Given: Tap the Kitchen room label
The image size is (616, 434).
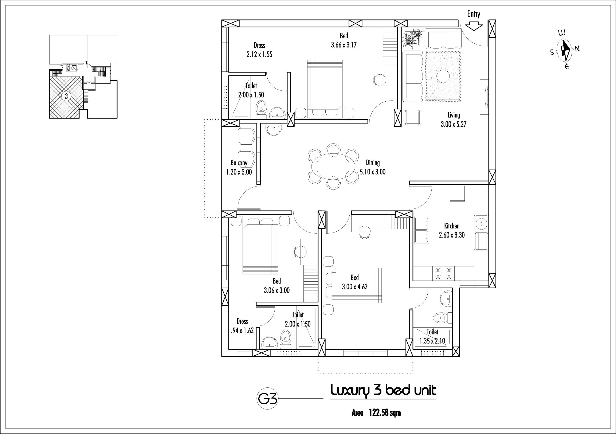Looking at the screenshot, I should tap(452, 226).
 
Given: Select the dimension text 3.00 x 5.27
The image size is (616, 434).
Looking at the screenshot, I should tap(454, 124).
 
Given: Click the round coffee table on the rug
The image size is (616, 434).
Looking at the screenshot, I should tap(443, 77).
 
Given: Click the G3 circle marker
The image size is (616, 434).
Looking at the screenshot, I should tap(267, 399).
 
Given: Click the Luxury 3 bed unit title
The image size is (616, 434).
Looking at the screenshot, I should tap(383, 391).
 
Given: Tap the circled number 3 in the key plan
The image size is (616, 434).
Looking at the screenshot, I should tap(66, 96).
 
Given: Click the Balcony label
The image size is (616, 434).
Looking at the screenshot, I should tap(239, 163).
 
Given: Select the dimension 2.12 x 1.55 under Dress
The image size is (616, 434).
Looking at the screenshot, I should tap(259, 54).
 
